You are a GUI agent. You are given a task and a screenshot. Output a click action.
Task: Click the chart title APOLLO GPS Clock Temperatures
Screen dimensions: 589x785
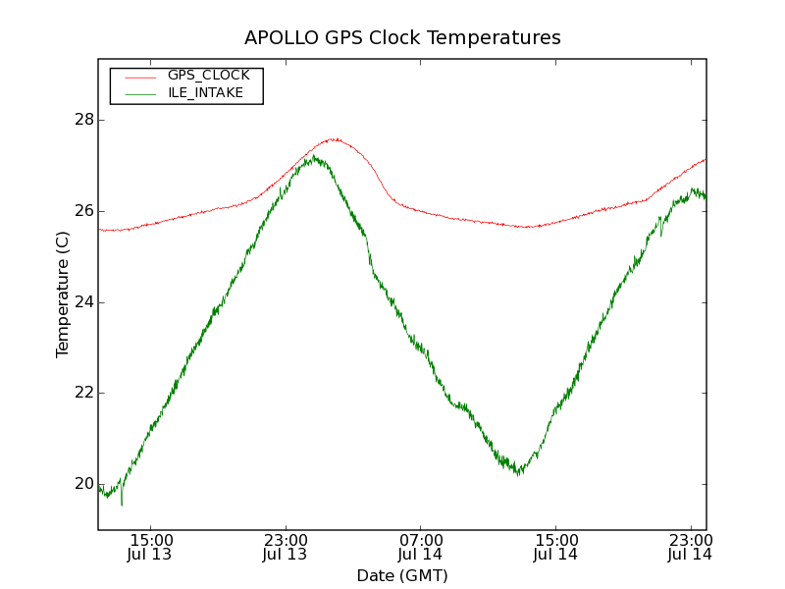point(402,38)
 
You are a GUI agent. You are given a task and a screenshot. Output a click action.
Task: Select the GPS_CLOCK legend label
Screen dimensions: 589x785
point(208,76)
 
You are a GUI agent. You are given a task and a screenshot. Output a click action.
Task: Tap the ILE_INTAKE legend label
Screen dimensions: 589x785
point(205,93)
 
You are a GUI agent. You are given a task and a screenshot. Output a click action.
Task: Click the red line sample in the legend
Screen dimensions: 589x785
point(138,76)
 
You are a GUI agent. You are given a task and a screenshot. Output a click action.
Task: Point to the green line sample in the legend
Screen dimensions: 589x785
point(138,93)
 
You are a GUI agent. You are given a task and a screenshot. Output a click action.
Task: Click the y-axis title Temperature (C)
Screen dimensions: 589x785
point(63,294)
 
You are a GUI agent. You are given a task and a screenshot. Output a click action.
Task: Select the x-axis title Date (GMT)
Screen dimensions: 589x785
point(402,575)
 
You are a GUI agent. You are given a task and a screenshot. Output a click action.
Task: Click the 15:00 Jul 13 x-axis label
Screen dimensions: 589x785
point(151,547)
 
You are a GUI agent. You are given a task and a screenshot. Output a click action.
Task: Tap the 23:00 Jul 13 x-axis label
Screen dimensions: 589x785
point(286,547)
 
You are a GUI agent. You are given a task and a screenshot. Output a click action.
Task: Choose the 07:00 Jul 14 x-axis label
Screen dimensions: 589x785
point(420,547)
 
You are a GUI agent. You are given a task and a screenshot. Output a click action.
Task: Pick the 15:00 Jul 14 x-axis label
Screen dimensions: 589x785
point(555,547)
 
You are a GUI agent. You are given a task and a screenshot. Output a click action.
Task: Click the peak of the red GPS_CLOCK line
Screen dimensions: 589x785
point(333,139)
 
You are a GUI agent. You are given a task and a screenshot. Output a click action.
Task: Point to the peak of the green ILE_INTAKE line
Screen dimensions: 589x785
point(316,157)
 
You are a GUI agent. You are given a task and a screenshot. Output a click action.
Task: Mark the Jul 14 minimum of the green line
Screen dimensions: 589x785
point(518,472)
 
